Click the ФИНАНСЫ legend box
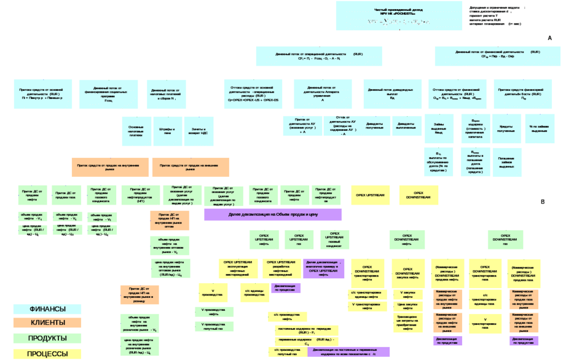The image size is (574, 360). tap(47, 309)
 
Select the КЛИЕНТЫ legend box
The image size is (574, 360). tap(47, 323)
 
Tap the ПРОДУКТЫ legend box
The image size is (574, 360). tap(47, 338)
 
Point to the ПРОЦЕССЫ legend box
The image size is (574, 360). tap(47, 354)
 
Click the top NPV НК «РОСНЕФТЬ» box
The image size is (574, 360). tap(399, 15)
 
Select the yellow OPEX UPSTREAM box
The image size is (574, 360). tap(371, 195)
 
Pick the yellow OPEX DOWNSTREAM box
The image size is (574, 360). tap(419, 195)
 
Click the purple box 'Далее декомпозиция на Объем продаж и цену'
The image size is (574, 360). tap(272, 214)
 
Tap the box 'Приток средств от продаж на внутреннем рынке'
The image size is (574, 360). tap(109, 166)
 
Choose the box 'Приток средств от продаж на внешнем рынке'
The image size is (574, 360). tap(191, 166)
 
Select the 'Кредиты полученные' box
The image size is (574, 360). tap(506, 131)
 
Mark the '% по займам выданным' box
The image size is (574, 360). tap(539, 131)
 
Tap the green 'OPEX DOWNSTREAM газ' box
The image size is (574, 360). tap(505, 240)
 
